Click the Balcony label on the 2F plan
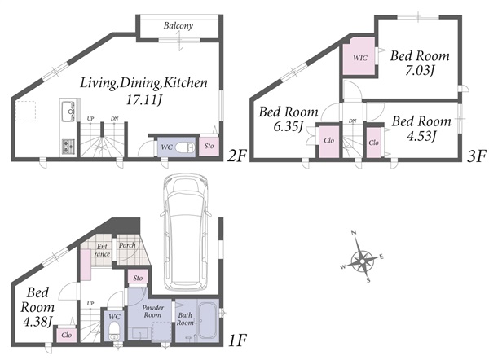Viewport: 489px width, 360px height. pos(178,25)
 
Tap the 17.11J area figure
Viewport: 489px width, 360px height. pos(144,99)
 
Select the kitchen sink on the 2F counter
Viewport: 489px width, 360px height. pos(68,112)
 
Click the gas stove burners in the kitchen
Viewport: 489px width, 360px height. pos(68,147)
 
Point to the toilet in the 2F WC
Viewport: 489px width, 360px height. pos(185,147)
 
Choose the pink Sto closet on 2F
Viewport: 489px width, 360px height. pos(209,146)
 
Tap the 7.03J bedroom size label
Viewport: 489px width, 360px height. pos(420,70)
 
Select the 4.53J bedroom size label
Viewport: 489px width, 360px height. pos(421,136)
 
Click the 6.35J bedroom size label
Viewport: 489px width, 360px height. pos(288,126)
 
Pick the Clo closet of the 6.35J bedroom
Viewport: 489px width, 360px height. pos(328,142)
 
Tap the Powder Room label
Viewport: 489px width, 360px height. pos(153,311)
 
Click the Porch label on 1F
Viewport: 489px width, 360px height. pos(127,245)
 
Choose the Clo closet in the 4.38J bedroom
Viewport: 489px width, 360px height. pos(67,335)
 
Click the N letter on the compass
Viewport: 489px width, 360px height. pos(354,232)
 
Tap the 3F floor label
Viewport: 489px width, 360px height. pos(477,156)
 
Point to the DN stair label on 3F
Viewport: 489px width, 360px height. pos(353,121)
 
